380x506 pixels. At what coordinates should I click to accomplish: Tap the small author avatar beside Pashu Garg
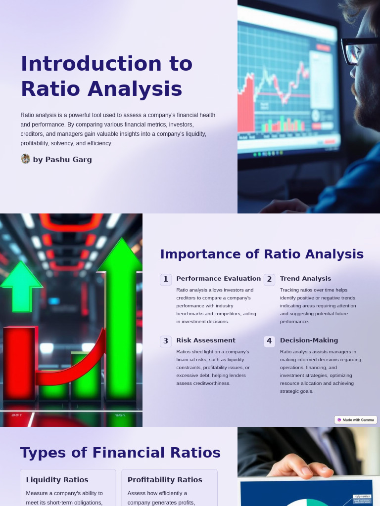tap(25, 159)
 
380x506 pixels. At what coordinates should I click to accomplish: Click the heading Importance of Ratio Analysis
tap(262, 254)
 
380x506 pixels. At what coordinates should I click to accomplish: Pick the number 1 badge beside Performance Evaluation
tap(166, 279)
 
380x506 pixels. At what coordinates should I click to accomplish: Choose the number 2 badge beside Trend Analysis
tap(269, 279)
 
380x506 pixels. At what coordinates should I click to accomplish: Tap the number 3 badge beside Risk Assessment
tap(166, 341)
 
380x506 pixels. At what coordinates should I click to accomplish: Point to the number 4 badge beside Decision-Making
tap(269, 341)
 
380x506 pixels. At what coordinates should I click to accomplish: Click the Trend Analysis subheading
tap(305, 279)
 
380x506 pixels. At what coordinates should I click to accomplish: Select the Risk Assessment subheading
tap(206, 340)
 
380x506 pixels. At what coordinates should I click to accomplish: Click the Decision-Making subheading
tap(309, 340)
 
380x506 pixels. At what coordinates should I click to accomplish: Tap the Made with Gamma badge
tap(356, 420)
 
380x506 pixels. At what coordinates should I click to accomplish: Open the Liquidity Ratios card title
tap(57, 480)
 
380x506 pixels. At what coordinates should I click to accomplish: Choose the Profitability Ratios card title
tap(165, 480)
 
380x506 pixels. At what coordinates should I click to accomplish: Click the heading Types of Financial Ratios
tap(120, 453)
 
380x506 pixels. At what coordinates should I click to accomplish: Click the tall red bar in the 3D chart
tap(19, 363)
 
